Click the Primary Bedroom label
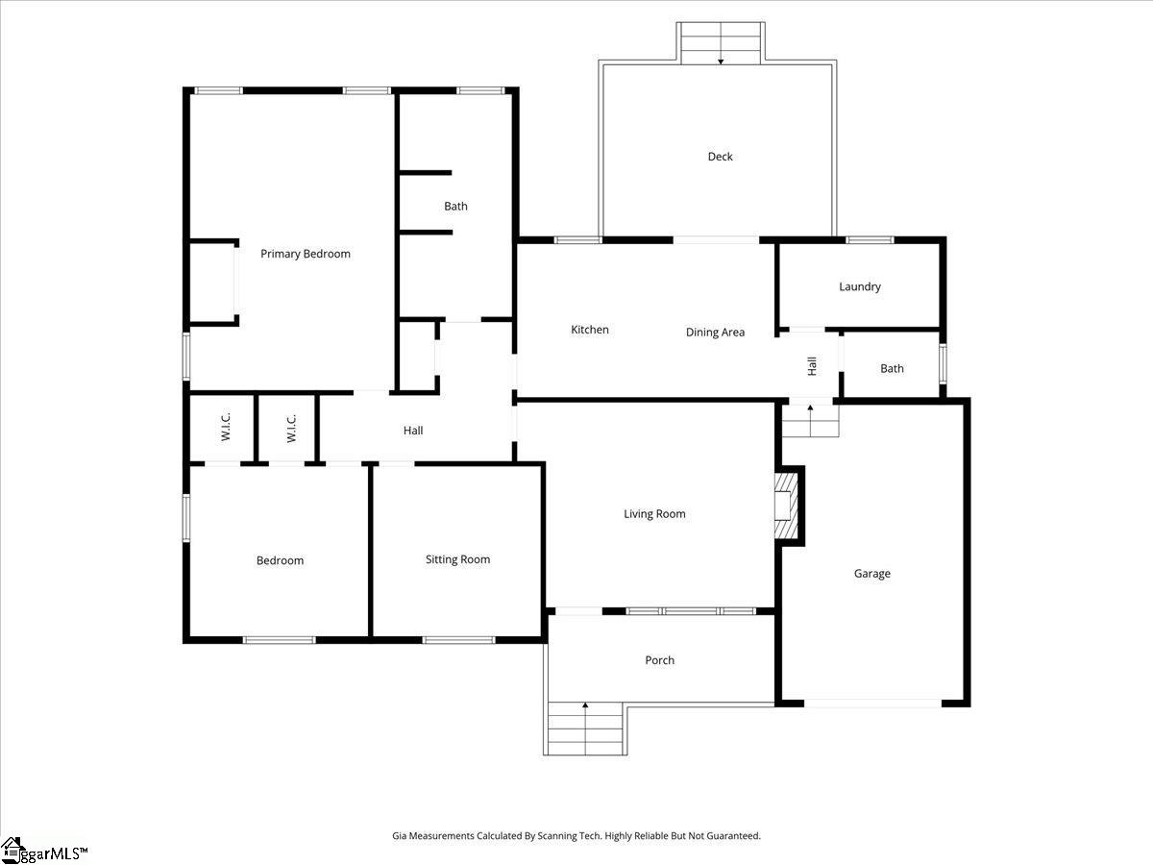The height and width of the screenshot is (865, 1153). coord(306,254)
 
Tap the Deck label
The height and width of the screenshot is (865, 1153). coord(720,157)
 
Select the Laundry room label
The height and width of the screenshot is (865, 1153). coord(859,286)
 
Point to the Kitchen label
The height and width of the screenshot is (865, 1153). coord(590,330)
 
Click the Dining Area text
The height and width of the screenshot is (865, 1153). coord(715,333)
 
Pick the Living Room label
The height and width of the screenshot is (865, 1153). coord(654,514)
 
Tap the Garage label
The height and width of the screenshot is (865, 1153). coord(871,574)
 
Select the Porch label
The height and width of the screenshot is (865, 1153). coord(659,660)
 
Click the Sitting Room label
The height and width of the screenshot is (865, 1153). coord(457,559)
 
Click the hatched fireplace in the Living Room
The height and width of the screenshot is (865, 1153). coord(788,506)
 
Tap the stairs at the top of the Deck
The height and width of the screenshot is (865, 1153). coord(721,43)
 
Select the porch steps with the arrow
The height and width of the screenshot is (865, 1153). coord(585,729)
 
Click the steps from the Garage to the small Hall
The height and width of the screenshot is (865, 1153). coord(809,421)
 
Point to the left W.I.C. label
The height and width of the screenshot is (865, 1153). coord(226,429)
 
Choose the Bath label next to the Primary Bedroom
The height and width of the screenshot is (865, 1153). coord(455,206)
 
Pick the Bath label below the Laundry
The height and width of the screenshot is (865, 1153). coord(892,368)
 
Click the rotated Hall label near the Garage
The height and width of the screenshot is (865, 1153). coord(812,365)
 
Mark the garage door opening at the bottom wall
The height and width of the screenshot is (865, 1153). coord(872,704)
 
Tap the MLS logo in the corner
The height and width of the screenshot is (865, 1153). coord(43,851)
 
